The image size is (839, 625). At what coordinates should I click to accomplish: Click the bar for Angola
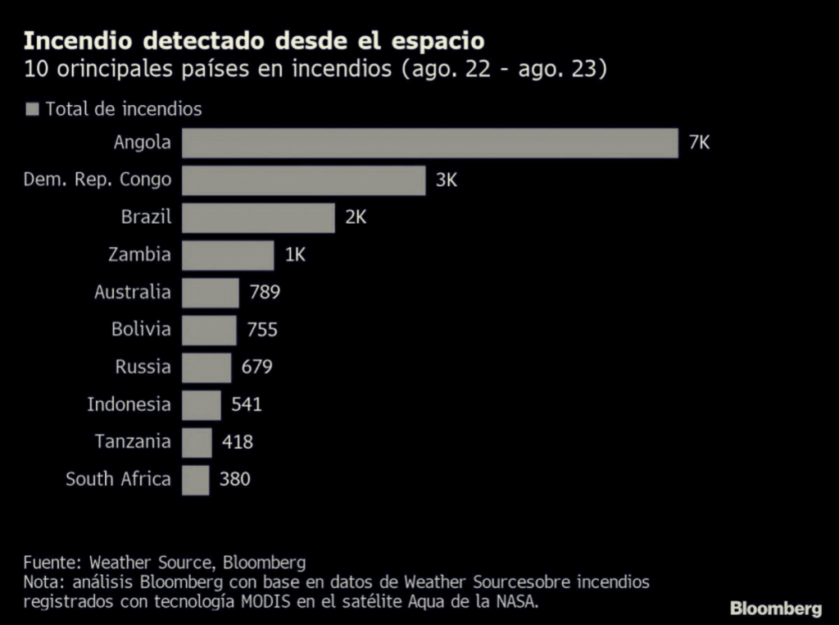[429, 143]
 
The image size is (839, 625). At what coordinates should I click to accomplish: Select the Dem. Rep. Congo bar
[303, 180]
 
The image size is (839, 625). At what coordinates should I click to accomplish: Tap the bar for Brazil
[258, 218]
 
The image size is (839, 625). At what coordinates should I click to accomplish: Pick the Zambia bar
[228, 255]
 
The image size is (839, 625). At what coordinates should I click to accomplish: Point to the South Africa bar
[195, 480]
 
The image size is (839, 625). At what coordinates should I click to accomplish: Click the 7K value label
[699, 143]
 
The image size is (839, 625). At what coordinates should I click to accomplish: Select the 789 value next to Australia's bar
[265, 293]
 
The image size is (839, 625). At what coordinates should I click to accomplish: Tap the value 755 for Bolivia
[262, 330]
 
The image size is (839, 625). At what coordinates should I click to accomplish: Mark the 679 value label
[256, 367]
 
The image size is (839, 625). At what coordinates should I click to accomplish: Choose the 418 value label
[238, 442]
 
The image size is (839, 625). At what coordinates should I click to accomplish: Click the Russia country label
[143, 367]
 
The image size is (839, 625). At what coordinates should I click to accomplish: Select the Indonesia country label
[129, 404]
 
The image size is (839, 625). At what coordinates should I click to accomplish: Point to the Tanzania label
[133, 441]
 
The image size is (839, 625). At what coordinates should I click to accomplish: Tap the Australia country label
[133, 292]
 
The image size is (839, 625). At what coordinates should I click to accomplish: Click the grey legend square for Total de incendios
[34, 109]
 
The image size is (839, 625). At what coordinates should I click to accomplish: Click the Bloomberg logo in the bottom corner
[775, 609]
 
